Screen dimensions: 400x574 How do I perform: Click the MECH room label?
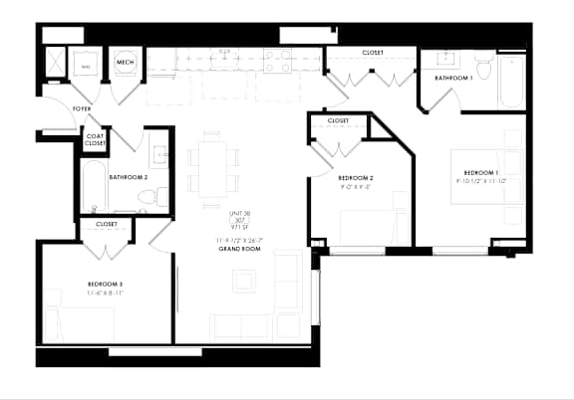[x=125, y=63]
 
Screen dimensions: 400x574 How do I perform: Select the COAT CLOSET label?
[x=95, y=141]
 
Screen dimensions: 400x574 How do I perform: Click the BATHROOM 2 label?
[x=129, y=177]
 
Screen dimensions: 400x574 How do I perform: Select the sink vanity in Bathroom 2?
[x=159, y=155]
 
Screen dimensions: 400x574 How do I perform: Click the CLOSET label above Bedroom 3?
[x=107, y=225]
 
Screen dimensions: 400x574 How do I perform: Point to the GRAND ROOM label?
[x=238, y=248]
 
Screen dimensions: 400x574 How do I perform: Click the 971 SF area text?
[x=238, y=228]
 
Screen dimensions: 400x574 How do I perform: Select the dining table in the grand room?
[x=213, y=170]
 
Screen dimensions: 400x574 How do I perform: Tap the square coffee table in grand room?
[x=245, y=281]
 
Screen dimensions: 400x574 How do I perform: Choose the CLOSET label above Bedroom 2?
[x=338, y=121]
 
